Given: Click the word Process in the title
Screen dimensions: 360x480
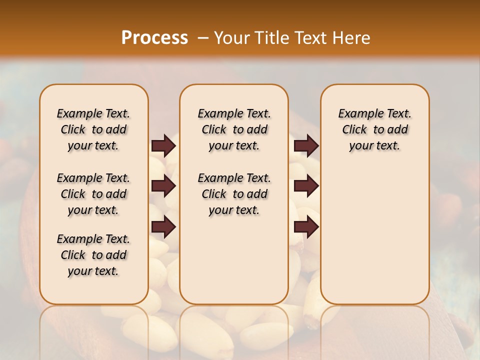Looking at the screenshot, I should click(x=154, y=37).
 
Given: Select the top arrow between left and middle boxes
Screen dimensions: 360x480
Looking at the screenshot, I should click(x=163, y=145).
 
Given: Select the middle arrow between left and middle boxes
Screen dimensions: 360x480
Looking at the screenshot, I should click(x=163, y=186).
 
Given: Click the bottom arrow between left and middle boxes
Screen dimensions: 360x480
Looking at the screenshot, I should click(x=163, y=227).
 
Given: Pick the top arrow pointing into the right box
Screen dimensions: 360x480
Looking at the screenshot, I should click(x=306, y=145).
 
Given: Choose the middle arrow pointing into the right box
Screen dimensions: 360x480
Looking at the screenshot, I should click(x=306, y=186).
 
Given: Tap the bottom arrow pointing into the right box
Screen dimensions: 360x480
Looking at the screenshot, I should click(x=306, y=227).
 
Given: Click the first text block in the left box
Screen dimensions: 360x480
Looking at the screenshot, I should click(x=93, y=129).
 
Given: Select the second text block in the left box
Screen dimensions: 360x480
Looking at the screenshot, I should click(x=93, y=194).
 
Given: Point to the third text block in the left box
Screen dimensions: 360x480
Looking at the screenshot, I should click(x=93, y=255).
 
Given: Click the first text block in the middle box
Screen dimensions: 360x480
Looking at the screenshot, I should click(x=234, y=129).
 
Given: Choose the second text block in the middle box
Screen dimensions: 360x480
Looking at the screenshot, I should click(x=234, y=194).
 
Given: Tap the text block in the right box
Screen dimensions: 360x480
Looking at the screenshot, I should click(x=374, y=129).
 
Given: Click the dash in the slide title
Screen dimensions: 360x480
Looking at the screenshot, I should click(x=203, y=38).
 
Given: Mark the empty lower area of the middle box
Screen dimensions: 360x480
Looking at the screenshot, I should click(x=234, y=260).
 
